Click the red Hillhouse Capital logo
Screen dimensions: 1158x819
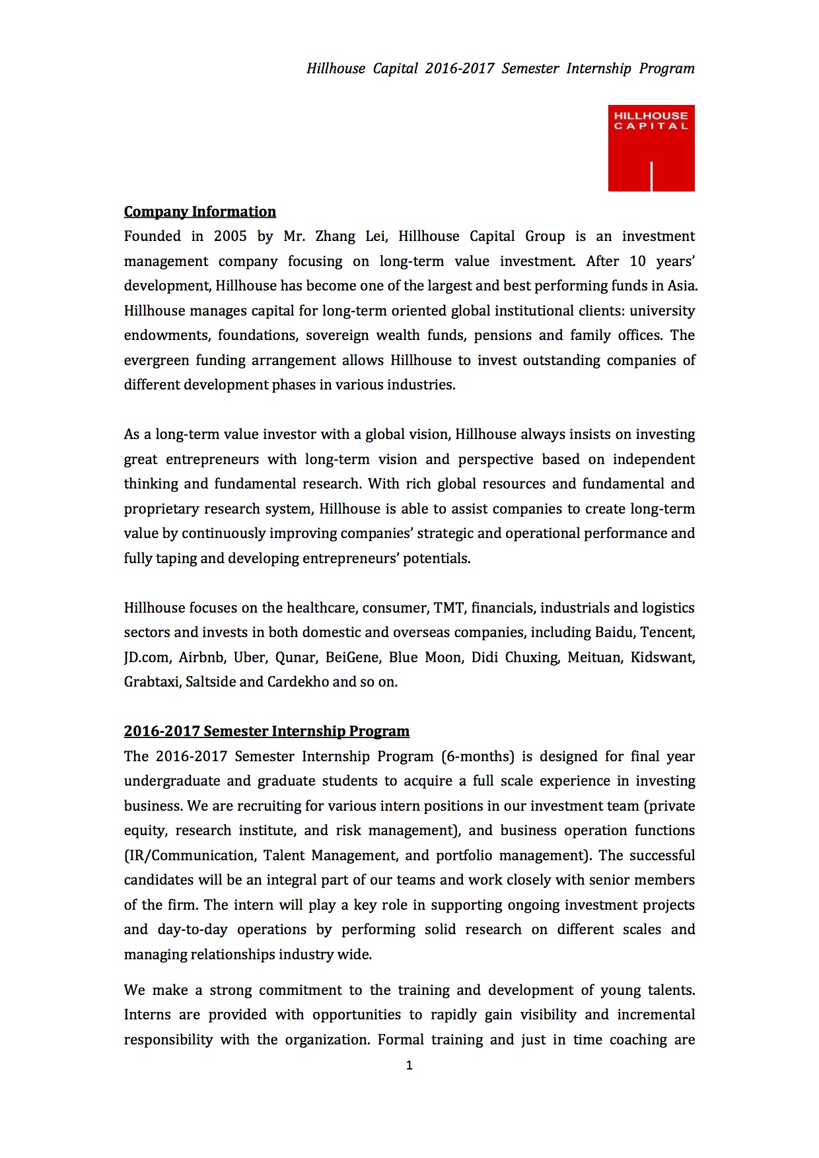651,148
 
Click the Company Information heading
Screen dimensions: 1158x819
199,212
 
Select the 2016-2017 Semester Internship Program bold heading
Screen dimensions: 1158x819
266,732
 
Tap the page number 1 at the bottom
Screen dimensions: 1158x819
409,1065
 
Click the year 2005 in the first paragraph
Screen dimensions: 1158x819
230,236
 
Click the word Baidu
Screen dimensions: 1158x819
614,632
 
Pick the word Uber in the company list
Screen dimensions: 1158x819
250,658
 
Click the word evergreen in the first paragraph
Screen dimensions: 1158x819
155,360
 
